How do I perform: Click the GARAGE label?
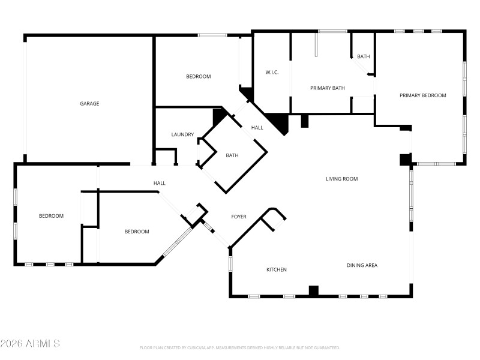(89, 104)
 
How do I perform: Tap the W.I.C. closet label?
(272, 73)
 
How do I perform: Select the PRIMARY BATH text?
(327, 89)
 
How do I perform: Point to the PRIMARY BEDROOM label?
(423, 95)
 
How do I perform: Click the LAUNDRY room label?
(182, 135)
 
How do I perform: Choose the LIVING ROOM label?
(341, 179)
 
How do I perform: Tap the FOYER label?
(239, 217)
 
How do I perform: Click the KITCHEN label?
(276, 270)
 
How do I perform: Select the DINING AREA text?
(362, 265)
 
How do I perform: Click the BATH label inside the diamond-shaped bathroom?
(232, 156)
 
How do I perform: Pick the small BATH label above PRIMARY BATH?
(363, 57)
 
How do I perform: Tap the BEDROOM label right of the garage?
(198, 77)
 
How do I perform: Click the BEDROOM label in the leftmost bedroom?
(51, 216)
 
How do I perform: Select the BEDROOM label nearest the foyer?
(137, 232)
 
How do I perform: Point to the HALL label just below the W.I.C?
(257, 128)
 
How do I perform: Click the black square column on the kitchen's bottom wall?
(313, 291)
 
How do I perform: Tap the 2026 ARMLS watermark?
(30, 344)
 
